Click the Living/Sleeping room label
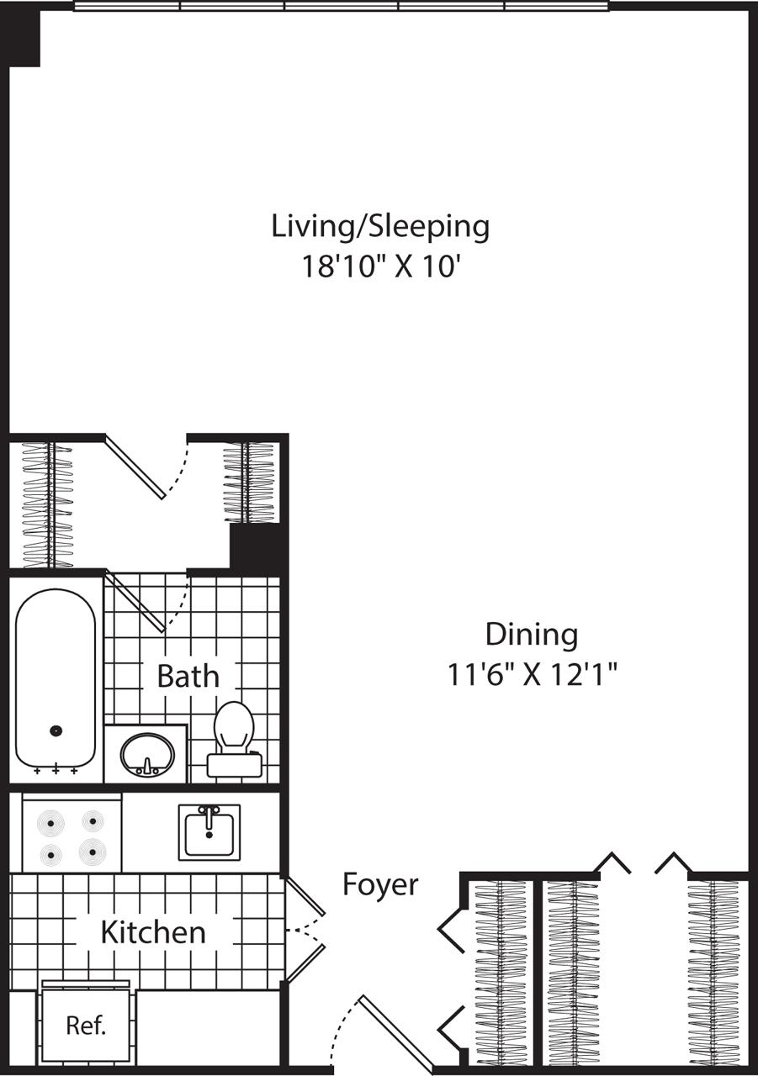coord(380,226)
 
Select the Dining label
coord(532,635)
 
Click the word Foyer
coord(380,884)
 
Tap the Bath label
coord(188,676)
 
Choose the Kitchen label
coord(153,931)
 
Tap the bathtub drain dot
coord(56,731)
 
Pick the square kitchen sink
coord(209,832)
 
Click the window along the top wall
coord(341,6)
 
